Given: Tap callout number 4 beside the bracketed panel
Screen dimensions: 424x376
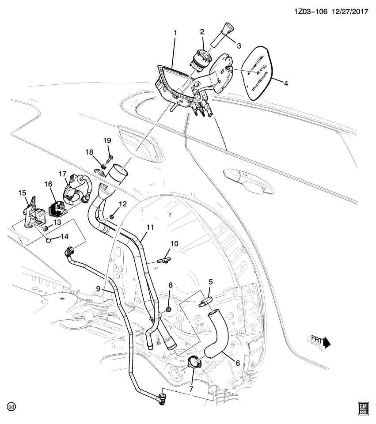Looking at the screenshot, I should (286, 83).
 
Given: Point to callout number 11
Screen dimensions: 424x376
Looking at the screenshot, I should (150, 227).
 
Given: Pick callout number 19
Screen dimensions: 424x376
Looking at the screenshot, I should (107, 140).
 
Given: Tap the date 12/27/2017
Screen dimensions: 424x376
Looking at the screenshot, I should (349, 11).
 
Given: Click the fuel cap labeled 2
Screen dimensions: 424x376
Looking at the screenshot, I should (201, 59).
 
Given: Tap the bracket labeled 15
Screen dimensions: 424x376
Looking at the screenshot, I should (30, 212).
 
